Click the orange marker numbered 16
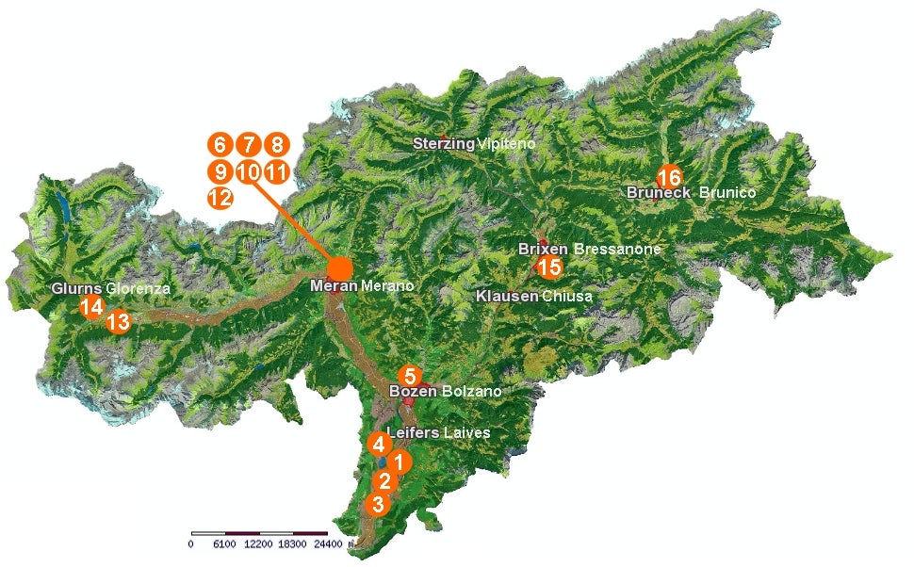668,177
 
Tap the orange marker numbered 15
549,267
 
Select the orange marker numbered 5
409,374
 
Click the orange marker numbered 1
400,462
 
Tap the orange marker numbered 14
91,307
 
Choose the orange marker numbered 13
118,322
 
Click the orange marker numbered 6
219,145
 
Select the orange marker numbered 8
276,145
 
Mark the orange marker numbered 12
219,198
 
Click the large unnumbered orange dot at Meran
339,267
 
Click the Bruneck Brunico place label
692,192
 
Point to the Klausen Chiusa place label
533,296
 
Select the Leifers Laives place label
438,433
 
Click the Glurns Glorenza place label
111,289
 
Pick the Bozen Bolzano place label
445,391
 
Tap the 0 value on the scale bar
191,544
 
